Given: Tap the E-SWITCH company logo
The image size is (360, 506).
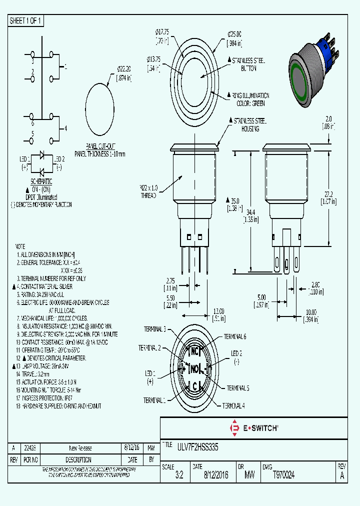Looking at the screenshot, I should (253, 428).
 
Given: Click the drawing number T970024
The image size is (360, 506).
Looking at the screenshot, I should (283, 475).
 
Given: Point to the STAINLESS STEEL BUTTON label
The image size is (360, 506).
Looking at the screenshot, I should (248, 64).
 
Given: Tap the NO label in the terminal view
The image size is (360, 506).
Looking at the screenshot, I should (194, 368).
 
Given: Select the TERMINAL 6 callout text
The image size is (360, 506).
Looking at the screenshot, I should (234, 336).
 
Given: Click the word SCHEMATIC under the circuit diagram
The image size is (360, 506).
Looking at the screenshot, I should (41, 180).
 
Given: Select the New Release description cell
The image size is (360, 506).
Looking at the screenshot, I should (80, 448).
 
